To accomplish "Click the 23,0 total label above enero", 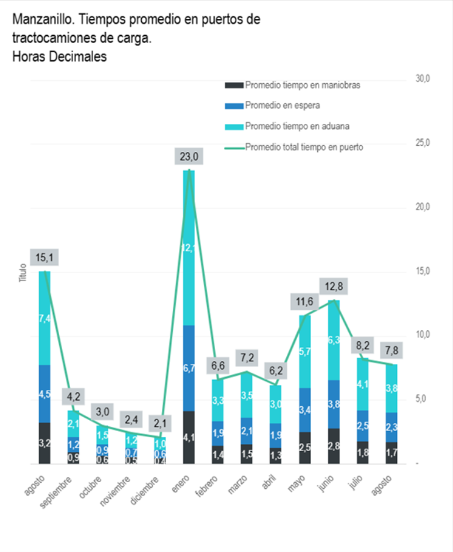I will pos(189,156).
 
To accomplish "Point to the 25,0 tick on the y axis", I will pos(423,143).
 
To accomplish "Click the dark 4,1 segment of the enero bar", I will pos(189,437).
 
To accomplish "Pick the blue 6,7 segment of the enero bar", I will pos(189,368).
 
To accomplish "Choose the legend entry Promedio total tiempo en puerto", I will pos(304,147).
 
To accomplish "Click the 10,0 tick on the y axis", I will pos(423,334).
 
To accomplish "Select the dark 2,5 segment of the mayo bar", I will pos(305,448).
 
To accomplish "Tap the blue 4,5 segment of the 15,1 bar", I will pos(44,394).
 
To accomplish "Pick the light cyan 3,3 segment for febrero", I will pos(218,401).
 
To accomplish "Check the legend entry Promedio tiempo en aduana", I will pos(297,126).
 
